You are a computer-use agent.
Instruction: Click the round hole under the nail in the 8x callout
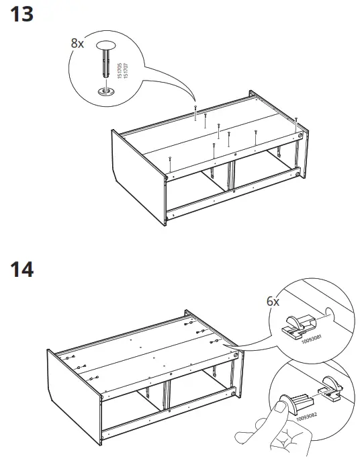click(105, 91)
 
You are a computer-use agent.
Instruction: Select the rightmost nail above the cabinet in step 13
click(297, 119)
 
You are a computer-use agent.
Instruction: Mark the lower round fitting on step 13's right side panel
click(300, 174)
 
